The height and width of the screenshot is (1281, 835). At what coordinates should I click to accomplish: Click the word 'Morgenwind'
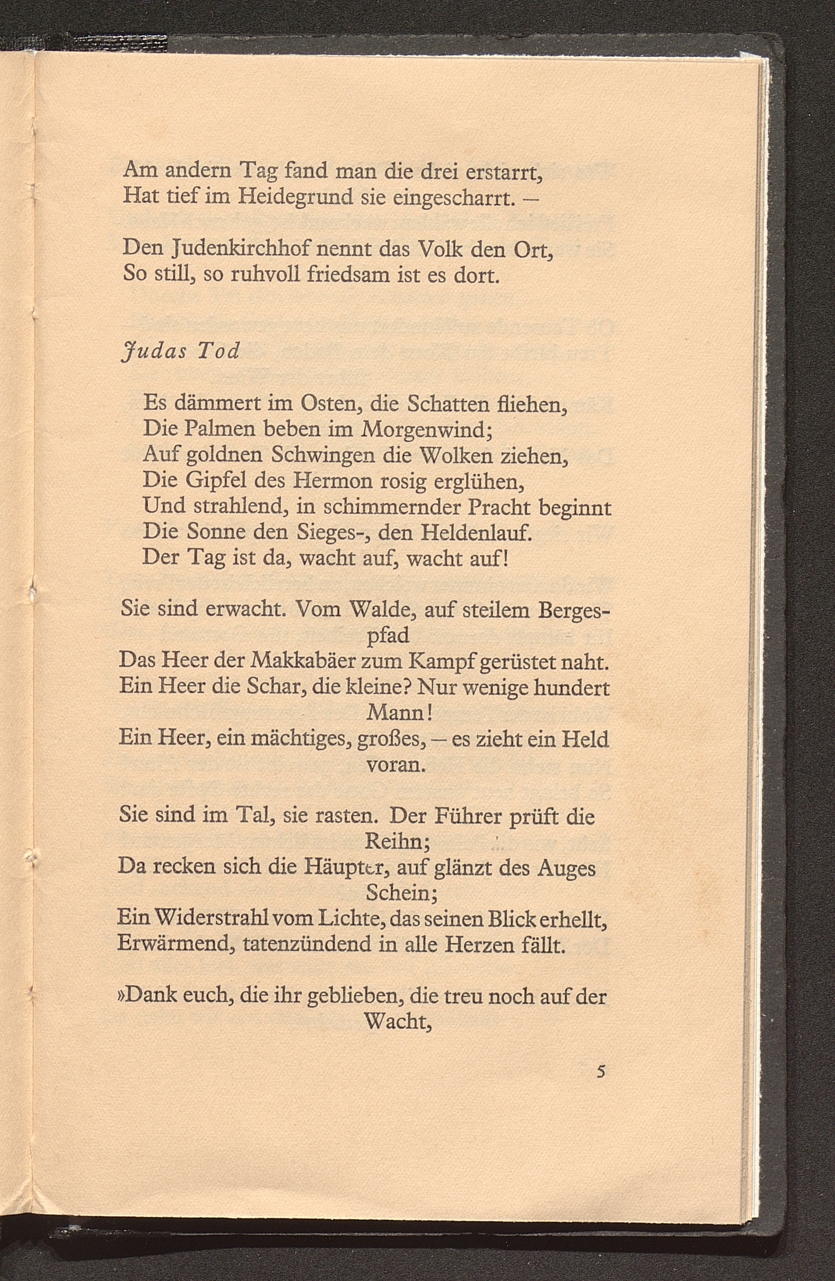click(424, 429)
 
